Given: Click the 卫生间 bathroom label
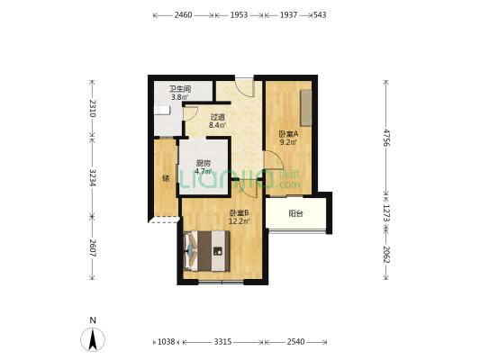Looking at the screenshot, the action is click(180, 89).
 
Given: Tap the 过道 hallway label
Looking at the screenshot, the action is click(218, 117).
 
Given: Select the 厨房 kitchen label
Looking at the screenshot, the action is click(204, 163).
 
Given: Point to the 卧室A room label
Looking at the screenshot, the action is click(288, 134).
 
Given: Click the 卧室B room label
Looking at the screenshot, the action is click(240, 212).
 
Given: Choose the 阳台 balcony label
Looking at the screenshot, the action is click(295, 213).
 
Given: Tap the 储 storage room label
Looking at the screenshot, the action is click(166, 178).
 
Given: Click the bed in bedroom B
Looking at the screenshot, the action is click(206, 251).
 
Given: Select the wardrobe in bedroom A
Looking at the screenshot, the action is click(306, 108).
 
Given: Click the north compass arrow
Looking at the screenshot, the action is click(93, 339).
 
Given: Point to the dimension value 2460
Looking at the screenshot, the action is click(183, 15).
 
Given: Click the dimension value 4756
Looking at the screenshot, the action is click(386, 138).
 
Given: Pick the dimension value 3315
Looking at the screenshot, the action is click(222, 342).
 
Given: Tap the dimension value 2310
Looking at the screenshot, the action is click(93, 108).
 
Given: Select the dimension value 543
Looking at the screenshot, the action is click(320, 15).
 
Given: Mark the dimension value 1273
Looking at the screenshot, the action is click(386, 213).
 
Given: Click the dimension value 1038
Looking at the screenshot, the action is click(166, 342).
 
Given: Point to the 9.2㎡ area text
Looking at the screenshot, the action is click(288, 142).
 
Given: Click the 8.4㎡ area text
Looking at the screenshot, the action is click(218, 125).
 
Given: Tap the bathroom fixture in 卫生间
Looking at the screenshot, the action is click(161, 110).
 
